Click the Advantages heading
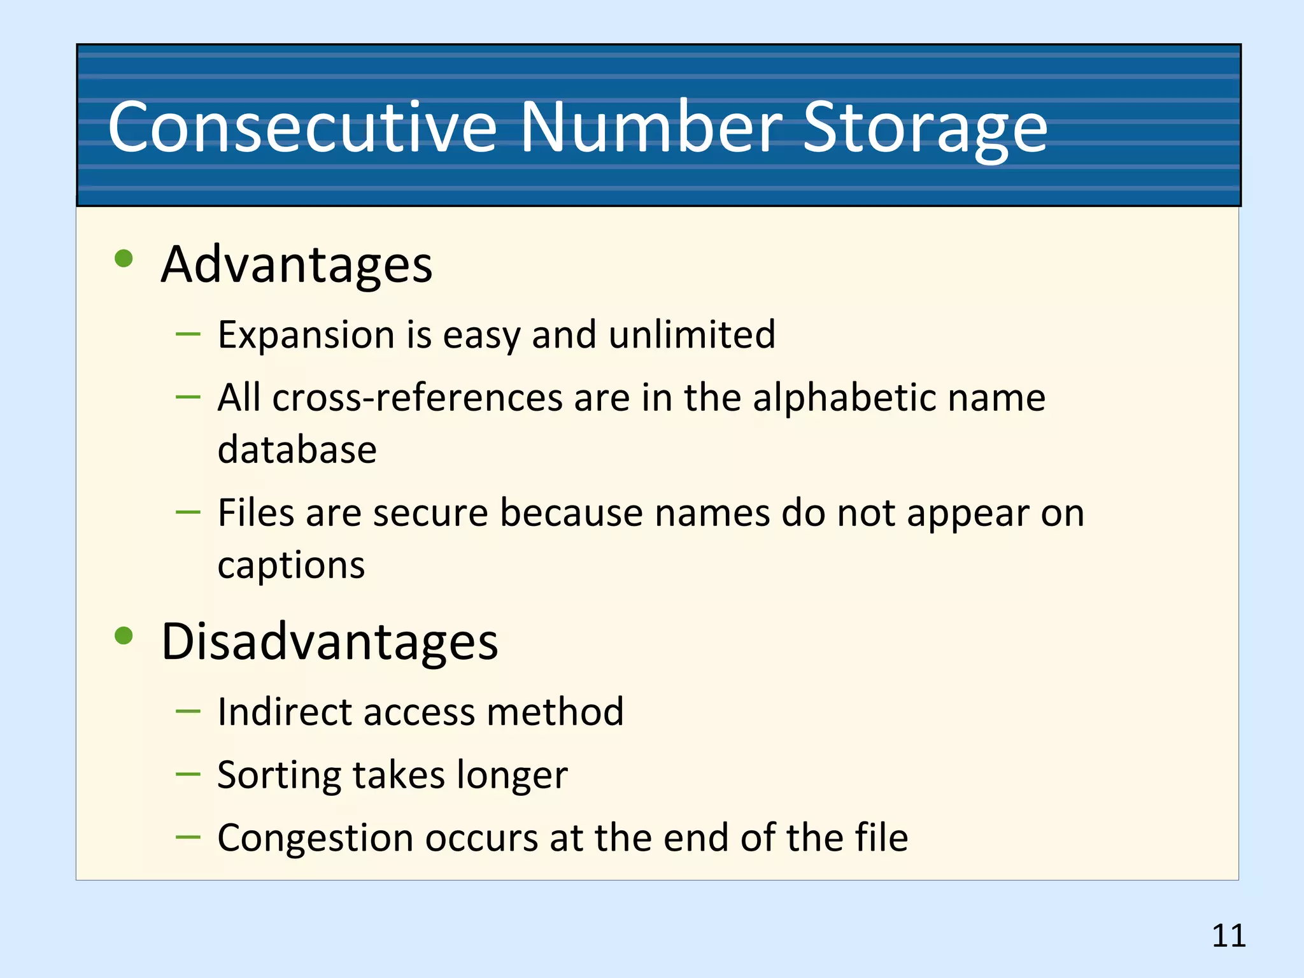tap(297, 264)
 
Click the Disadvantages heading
tap(329, 641)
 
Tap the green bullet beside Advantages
tap(124, 259)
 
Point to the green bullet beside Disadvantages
tap(124, 635)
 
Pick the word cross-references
tap(417, 398)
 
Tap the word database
tap(297, 450)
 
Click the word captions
tap(291, 565)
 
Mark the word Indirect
tap(284, 711)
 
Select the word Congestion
tap(315, 839)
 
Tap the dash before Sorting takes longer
tap(188, 774)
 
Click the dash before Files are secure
tap(188, 511)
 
